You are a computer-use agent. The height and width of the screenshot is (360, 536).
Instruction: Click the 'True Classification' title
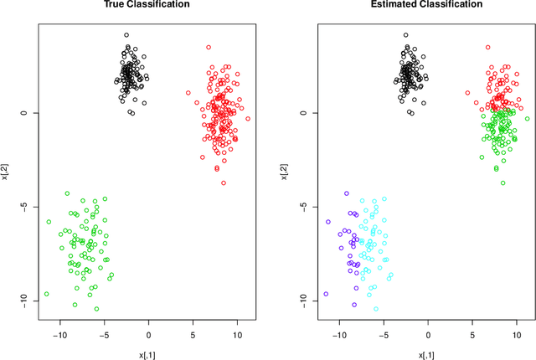[x=146, y=5]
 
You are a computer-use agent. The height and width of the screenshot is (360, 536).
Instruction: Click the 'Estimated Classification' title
[x=426, y=5]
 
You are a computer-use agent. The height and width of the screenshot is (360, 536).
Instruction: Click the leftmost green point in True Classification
[x=46, y=294]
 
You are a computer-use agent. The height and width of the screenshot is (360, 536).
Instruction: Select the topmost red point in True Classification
[x=209, y=48]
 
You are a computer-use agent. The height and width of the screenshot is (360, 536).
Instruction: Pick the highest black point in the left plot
[x=126, y=36]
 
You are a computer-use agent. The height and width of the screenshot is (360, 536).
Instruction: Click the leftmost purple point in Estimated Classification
[x=326, y=294]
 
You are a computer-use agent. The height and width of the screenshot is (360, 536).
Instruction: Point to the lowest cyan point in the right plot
[x=376, y=309]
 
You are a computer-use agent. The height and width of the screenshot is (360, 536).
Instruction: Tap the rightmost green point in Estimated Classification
[x=528, y=119]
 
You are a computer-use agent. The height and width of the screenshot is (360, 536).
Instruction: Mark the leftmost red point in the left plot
[x=188, y=93]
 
